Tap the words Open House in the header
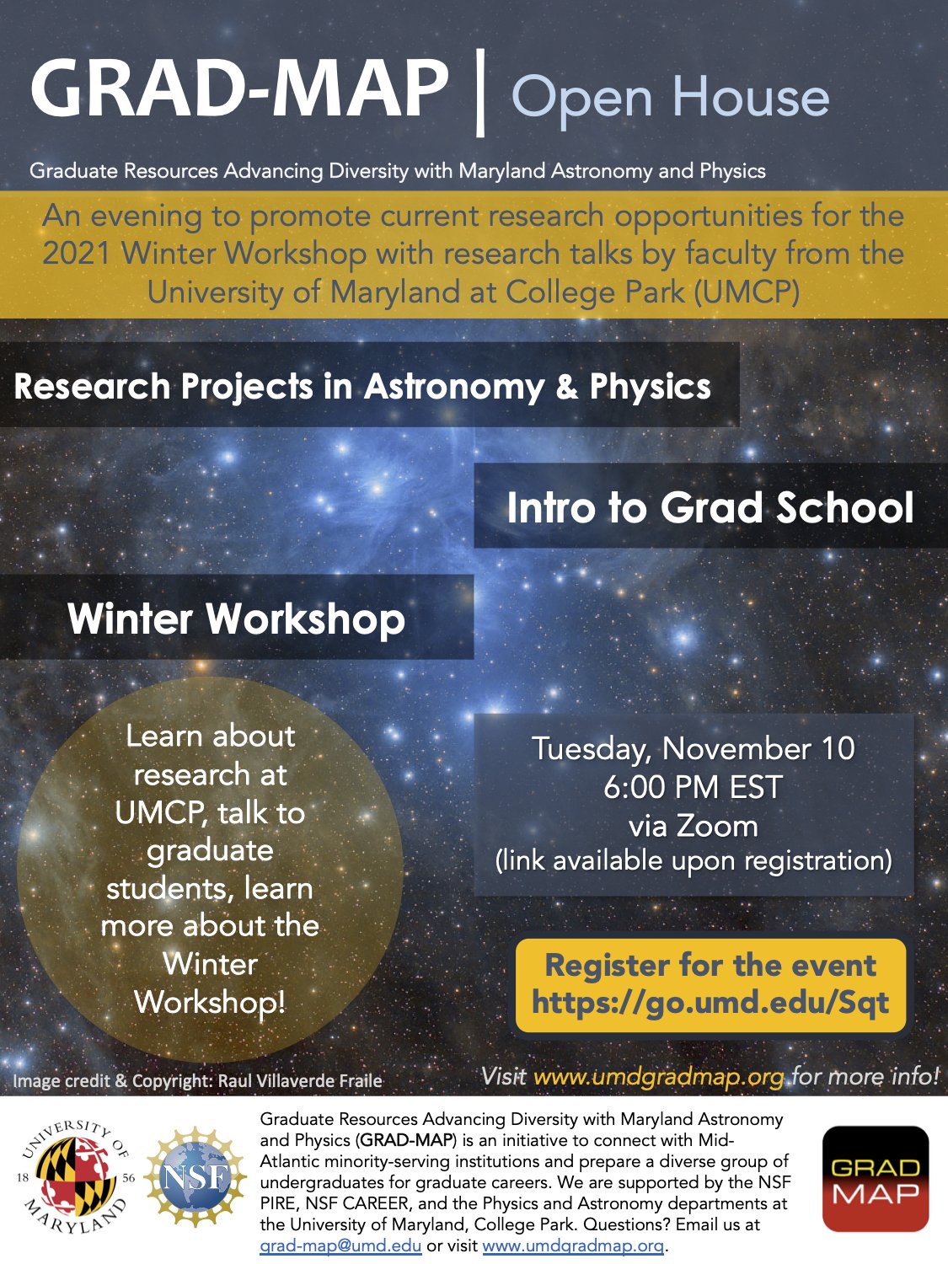pyautogui.click(x=670, y=98)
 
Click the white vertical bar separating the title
pyautogui.click(x=480, y=93)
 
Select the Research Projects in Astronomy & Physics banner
pyautogui.click(x=362, y=387)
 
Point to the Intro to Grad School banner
pyautogui.click(x=710, y=507)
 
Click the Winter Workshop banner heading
pyautogui.click(x=236, y=619)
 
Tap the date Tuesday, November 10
pyautogui.click(x=693, y=748)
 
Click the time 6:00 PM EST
pyautogui.click(x=693, y=787)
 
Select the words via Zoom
pyautogui.click(x=693, y=826)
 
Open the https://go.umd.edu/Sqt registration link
pyautogui.click(x=710, y=1003)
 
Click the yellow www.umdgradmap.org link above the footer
pyautogui.click(x=659, y=1077)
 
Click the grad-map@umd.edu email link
pyautogui.click(x=340, y=1245)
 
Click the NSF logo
pyautogui.click(x=193, y=1178)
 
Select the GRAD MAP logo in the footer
pyautogui.click(x=875, y=1179)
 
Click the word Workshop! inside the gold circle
pyautogui.click(x=210, y=1003)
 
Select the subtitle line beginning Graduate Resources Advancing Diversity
pyautogui.click(x=397, y=171)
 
